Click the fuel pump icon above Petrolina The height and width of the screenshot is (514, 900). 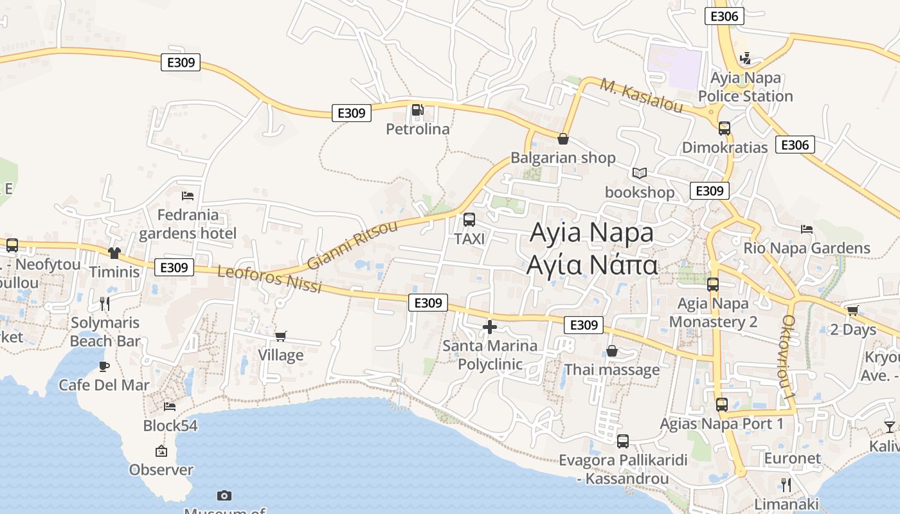(418, 111)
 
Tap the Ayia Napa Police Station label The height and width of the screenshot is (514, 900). (745, 87)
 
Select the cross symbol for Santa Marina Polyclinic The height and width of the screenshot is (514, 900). (490, 327)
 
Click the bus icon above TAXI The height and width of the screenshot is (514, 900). (469, 220)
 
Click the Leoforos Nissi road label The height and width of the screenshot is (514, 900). (269, 279)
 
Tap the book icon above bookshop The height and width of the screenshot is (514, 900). (640, 173)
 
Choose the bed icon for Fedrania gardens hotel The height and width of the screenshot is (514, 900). (188, 195)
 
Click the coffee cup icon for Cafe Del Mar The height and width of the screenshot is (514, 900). (104, 366)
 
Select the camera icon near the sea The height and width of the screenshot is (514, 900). (224, 495)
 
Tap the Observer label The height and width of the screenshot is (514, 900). (161, 470)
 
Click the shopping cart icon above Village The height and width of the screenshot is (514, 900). (280, 336)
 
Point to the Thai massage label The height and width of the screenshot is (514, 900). (612, 369)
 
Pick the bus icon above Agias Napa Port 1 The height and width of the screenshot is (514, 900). (722, 405)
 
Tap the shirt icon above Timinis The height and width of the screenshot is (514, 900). (114, 253)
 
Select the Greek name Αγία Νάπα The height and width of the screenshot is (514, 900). (592, 264)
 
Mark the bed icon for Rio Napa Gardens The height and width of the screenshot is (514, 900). (806, 229)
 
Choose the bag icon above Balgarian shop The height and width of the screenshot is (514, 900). (563, 139)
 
